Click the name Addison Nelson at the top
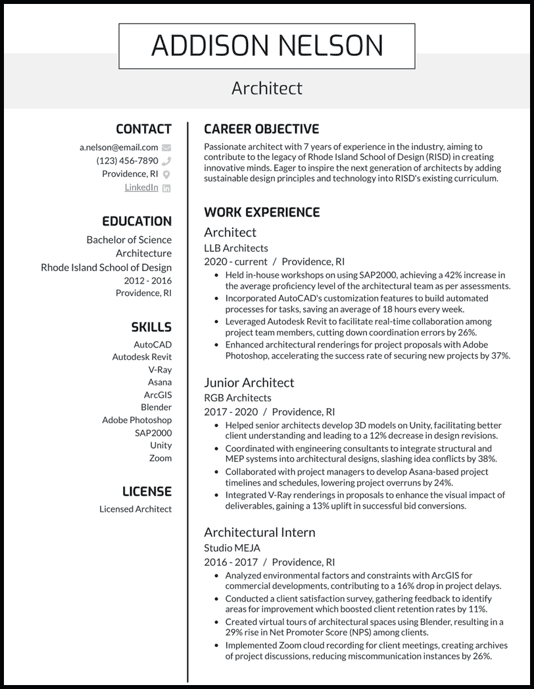(266, 45)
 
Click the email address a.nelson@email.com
(119, 147)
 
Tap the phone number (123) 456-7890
(127, 161)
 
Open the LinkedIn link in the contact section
(141, 188)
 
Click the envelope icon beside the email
(166, 148)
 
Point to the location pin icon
(166, 174)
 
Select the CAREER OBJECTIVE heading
(262, 129)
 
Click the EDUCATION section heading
(137, 222)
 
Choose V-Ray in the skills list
(160, 369)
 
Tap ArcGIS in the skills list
(158, 395)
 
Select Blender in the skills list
(156, 407)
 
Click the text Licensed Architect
(135, 509)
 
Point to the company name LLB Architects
(236, 248)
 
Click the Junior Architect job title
(249, 382)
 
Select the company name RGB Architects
(237, 397)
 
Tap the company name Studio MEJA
(232, 548)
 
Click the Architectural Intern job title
(259, 532)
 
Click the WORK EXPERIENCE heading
(262, 213)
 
